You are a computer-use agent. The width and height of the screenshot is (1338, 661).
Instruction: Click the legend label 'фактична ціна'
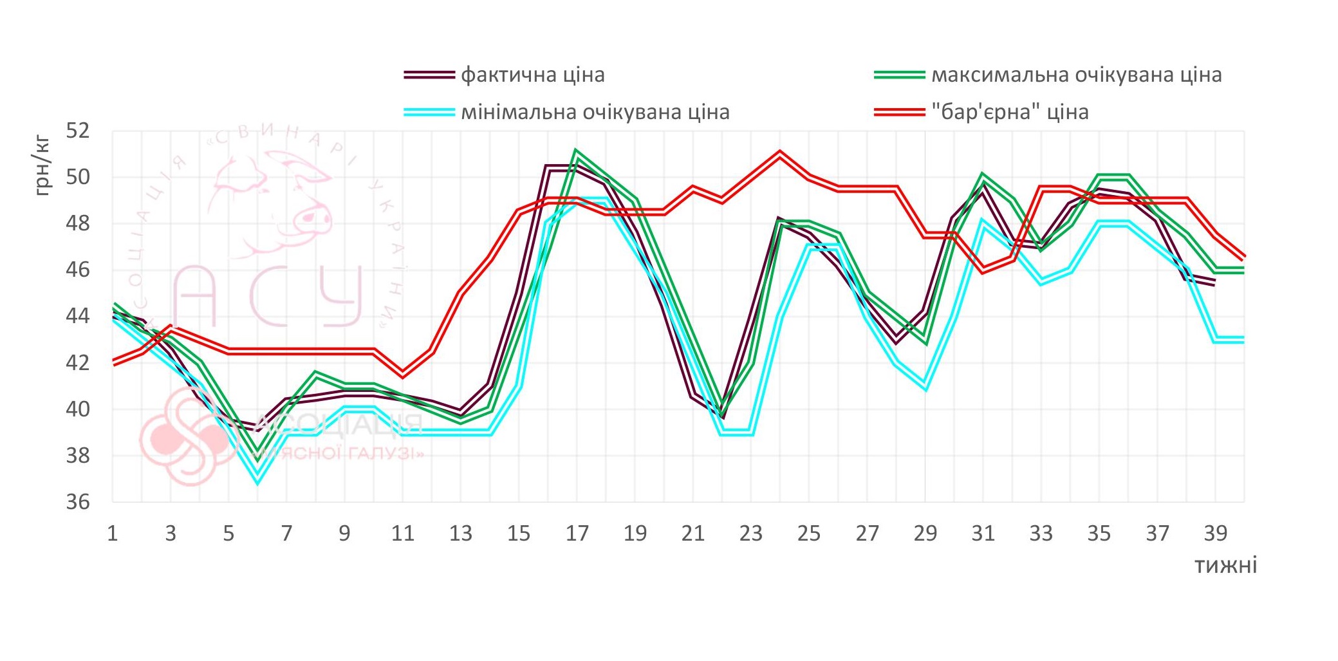[532, 75]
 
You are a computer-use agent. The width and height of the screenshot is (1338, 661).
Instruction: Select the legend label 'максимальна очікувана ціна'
[1076, 75]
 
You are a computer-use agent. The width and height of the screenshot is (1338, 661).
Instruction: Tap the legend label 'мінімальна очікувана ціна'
[595, 112]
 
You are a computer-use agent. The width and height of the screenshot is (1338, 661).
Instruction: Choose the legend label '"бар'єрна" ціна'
[1010, 112]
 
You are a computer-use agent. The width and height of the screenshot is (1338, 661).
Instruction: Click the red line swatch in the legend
[899, 112]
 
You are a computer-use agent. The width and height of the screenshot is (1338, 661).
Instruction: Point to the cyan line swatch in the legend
[429, 112]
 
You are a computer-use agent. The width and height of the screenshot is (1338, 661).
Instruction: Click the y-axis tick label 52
[78, 131]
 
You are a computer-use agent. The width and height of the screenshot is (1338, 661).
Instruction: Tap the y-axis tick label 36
[78, 502]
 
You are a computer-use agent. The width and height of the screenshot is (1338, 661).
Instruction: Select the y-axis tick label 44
[78, 316]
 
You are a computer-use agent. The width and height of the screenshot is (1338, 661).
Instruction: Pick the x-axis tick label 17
[577, 534]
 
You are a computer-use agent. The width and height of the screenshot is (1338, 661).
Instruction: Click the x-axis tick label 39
[1215, 534]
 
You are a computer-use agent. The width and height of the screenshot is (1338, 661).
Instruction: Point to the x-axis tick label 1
[113, 534]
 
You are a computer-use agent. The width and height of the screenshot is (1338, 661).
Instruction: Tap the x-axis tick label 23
[750, 534]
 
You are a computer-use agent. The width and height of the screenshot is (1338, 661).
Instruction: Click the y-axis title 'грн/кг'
[42, 166]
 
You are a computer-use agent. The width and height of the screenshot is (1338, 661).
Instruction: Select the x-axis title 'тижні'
[1225, 566]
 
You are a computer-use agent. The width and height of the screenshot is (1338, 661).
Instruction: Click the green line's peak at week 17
[576, 152]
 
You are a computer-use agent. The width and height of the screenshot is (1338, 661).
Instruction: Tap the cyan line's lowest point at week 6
[257, 480]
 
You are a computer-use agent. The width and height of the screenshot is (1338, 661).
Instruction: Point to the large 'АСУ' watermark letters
[267, 296]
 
